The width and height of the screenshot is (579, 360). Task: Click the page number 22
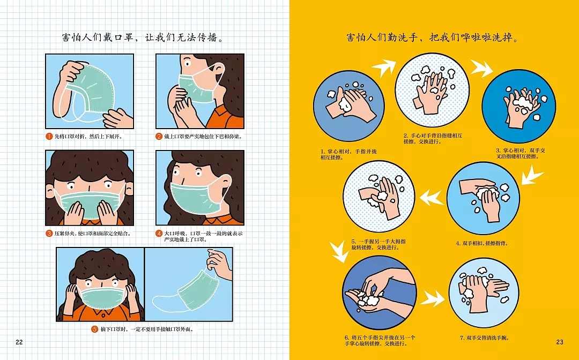(x=19, y=342)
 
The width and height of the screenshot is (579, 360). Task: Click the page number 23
(x=560, y=342)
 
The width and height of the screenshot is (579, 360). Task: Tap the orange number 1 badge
(x=49, y=137)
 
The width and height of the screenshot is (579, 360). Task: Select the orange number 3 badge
(x=49, y=234)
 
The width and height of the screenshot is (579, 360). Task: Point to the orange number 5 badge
(x=95, y=329)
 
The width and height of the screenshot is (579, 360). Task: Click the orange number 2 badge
(x=159, y=137)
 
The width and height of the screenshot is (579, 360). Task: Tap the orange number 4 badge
(x=159, y=234)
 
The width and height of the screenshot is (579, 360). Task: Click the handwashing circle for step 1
(x=349, y=106)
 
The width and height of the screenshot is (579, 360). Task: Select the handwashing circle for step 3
(x=518, y=106)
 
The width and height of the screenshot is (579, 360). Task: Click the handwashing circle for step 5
(x=379, y=196)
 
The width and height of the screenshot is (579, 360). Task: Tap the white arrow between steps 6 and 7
(x=433, y=298)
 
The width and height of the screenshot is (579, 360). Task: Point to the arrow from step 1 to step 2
(x=384, y=67)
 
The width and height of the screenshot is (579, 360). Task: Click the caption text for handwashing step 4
(x=482, y=243)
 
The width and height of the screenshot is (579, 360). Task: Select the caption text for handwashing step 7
(x=485, y=337)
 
